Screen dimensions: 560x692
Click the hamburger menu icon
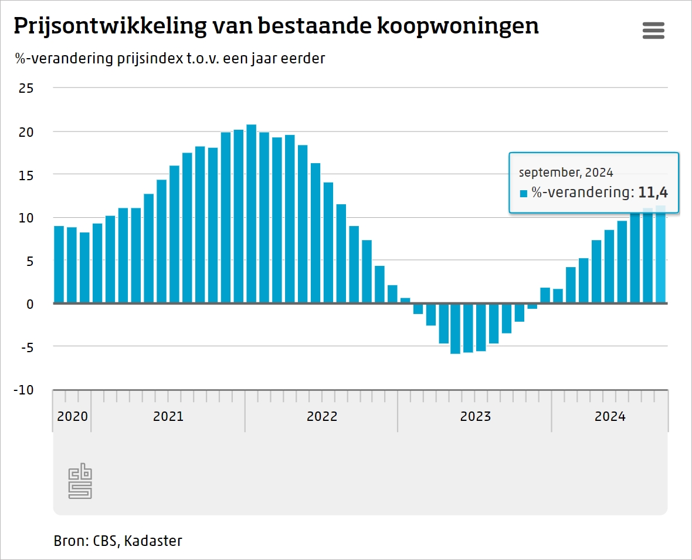[653, 30]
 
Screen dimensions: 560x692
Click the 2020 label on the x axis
[72, 417]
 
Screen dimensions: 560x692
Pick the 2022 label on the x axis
[322, 417]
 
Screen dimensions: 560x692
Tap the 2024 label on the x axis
[610, 417]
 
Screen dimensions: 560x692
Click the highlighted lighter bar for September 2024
[661, 258]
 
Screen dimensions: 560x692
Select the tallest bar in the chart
[252, 214]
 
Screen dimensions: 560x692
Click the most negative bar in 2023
[455, 329]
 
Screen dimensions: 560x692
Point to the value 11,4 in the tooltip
[653, 192]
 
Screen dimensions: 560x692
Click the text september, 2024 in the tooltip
[566, 173]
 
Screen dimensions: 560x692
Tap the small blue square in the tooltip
[524, 193]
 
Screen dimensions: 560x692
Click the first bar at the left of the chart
[59, 265]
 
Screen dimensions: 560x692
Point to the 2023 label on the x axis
[475, 417]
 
